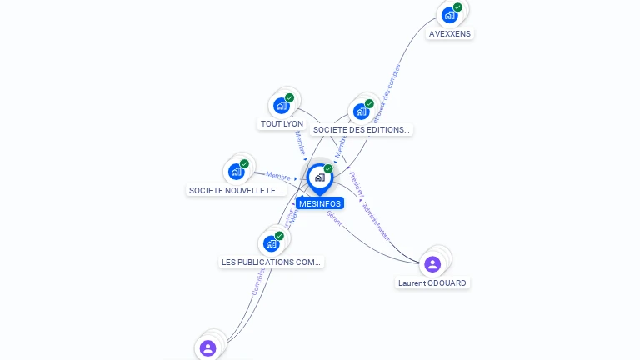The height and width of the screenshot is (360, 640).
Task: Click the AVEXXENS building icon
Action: (450, 14)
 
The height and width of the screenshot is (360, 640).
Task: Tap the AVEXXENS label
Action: (450, 34)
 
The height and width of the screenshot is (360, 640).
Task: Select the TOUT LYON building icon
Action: (281, 106)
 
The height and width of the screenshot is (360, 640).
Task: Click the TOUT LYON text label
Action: (282, 124)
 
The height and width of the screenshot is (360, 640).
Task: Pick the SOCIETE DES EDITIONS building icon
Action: (361, 111)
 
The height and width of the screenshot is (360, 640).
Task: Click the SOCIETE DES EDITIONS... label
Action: (362, 129)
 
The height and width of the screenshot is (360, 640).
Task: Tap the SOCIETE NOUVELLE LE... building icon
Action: (236, 172)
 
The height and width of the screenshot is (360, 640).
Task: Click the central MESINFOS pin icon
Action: (319, 177)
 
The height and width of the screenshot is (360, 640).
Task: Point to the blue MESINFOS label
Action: (320, 203)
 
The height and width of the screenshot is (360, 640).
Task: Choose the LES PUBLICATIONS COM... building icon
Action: (271, 243)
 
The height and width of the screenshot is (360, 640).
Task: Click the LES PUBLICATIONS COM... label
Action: (271, 262)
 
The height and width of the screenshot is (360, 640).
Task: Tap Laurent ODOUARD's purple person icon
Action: (432, 264)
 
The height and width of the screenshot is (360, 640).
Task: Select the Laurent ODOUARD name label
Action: (432, 283)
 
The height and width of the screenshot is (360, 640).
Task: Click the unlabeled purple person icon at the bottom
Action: (208, 347)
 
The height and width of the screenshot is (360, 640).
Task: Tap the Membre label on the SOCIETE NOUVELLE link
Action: (277, 176)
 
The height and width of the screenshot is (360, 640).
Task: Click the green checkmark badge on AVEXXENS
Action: (457, 7)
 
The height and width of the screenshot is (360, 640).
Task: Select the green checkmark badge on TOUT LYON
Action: (289, 98)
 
